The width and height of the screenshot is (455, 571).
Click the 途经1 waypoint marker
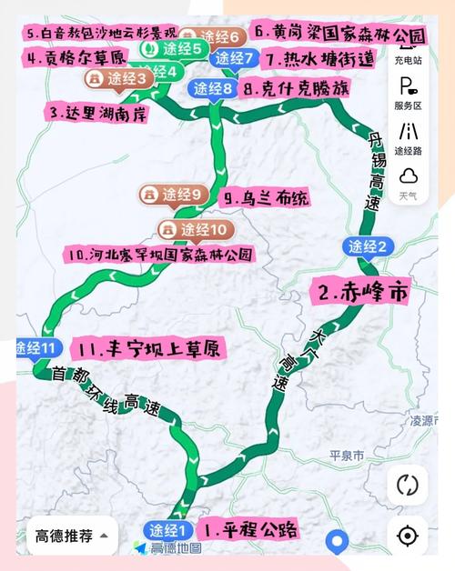(x=168, y=530)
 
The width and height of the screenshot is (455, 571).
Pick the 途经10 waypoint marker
(x=195, y=228)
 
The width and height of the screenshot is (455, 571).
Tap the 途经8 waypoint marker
(x=216, y=89)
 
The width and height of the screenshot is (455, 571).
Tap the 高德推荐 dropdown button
(x=72, y=535)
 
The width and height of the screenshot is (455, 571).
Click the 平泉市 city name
(x=346, y=454)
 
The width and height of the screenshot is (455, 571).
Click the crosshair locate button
(x=407, y=535)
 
